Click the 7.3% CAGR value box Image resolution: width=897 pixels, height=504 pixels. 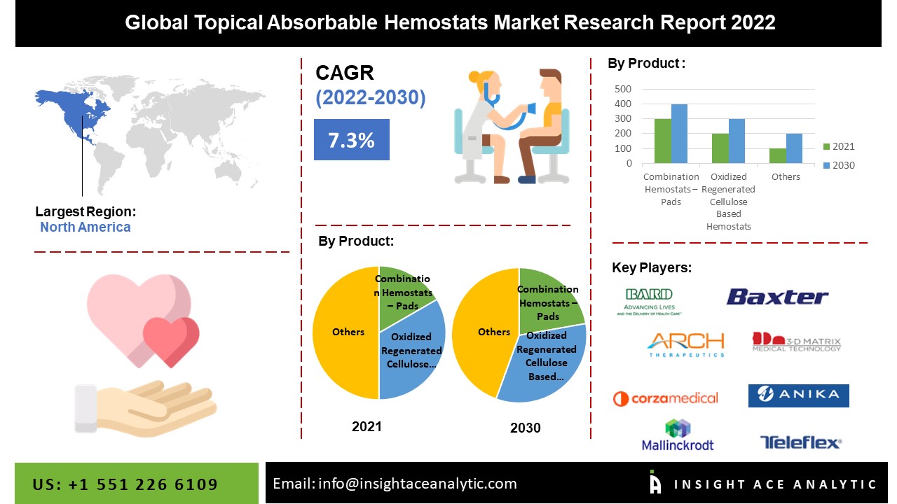coord(352,139)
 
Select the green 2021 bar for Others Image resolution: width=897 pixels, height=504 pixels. coord(777,155)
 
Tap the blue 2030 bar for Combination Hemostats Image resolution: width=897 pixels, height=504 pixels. coord(680,134)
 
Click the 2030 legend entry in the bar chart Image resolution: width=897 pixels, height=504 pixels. coord(839,165)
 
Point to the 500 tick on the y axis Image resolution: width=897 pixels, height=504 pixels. coord(623,89)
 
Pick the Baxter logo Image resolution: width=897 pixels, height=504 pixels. coord(777,297)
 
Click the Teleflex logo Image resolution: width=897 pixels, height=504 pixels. coord(801,442)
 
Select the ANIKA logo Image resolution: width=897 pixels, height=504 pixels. coord(798,395)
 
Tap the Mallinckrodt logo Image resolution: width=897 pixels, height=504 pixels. coord(678,435)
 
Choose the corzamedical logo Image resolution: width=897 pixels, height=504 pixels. coord(666,398)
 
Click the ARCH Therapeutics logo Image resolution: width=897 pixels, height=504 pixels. coord(686,344)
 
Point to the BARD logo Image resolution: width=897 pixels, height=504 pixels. coord(649,302)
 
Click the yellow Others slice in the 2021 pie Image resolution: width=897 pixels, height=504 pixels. coord(345,332)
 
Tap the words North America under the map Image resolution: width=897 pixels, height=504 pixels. coord(85,227)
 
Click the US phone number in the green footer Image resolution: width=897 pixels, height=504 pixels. coord(125,484)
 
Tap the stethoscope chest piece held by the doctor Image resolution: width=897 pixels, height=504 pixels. coord(531,108)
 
